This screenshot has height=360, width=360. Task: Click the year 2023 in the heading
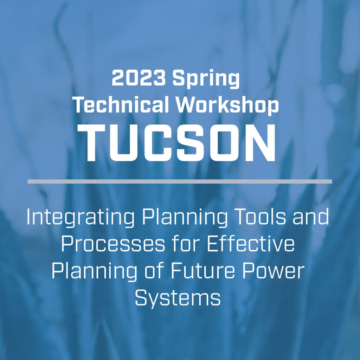pyautogui.click(x=139, y=78)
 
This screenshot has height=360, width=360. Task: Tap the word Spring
pyautogui.click(x=206, y=79)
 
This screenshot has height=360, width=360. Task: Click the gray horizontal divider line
pyautogui.click(x=180, y=181)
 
